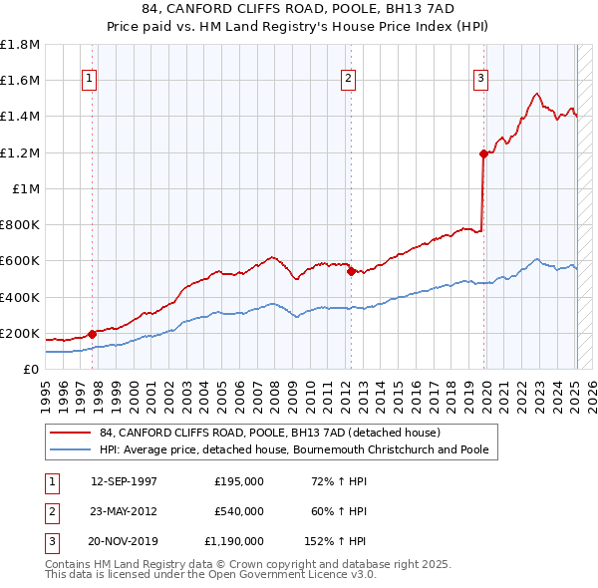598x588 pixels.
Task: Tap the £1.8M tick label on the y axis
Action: point(21,45)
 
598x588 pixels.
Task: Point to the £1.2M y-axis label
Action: point(21,152)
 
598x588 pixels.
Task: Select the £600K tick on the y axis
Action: point(21,261)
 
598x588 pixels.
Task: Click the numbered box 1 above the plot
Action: point(90,79)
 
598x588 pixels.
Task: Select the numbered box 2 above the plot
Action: point(348,79)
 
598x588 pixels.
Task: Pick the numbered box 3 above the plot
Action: point(480,79)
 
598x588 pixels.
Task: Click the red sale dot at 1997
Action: point(92,334)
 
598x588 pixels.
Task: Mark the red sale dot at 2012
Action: point(351,271)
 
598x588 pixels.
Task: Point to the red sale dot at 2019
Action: point(483,153)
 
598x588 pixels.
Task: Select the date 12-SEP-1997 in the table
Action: point(124,481)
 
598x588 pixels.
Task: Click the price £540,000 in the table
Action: point(239,511)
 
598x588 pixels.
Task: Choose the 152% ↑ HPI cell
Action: point(336,541)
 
